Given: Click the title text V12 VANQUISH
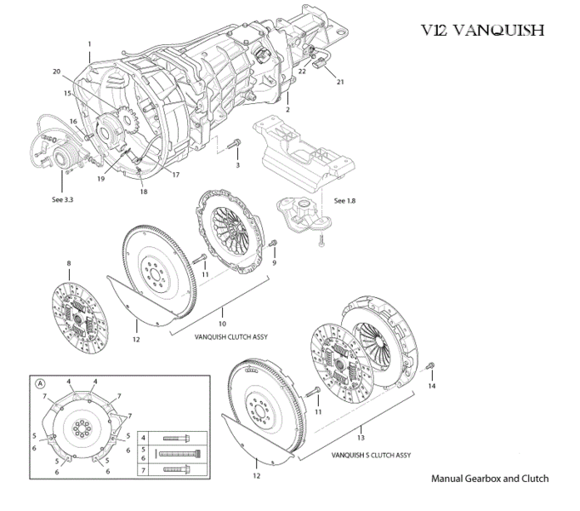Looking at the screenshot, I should click(x=482, y=31).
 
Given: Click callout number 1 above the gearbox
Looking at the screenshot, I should click(x=88, y=43).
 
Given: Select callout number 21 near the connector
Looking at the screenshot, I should click(x=340, y=83).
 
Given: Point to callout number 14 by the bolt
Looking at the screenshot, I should click(x=431, y=387).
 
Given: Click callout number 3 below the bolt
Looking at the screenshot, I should click(x=237, y=164).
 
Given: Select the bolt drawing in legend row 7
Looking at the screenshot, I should click(x=176, y=468).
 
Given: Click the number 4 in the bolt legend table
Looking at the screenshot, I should click(x=144, y=437).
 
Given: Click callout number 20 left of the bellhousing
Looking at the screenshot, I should click(x=56, y=71).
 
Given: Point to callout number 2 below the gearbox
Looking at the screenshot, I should click(x=288, y=110).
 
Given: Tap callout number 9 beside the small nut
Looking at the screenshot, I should click(x=274, y=263).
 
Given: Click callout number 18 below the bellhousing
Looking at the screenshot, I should click(x=144, y=192).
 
